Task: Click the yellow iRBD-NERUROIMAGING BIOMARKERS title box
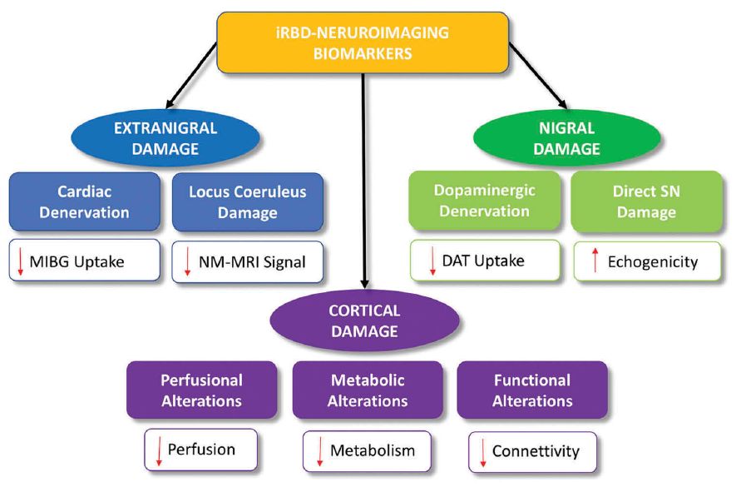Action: pyautogui.click(x=363, y=42)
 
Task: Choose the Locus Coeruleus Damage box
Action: pyautogui.click(x=247, y=201)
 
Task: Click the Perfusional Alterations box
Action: pyautogui.click(x=201, y=390)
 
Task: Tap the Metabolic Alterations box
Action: pyautogui.click(x=368, y=390)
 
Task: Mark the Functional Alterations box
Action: pyautogui.click(x=532, y=390)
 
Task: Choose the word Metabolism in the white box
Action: pyautogui.click(x=372, y=451)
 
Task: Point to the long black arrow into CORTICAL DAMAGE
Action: pyautogui.click(x=363, y=183)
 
